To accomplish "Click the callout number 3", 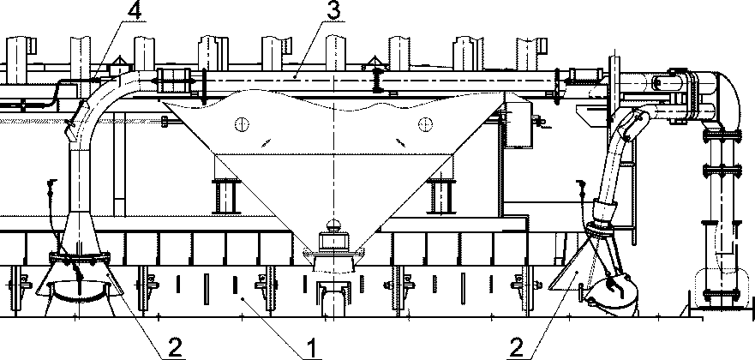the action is point(334,10).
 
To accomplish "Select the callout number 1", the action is point(312,348).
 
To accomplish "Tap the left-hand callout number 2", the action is point(176,348).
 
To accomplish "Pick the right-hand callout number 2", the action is point(516,348).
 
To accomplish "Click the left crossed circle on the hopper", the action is point(243,124).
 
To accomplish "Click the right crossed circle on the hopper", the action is point(425,124).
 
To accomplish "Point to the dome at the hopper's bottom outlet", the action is point(333,225).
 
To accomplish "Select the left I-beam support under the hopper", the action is point(226,196).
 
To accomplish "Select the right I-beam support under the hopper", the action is point(441,196).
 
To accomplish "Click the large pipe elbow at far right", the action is point(727,96).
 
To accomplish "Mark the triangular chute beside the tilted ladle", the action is point(572,275).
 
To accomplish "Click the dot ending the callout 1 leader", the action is point(243,298).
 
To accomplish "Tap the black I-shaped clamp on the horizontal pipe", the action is point(378,81).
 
